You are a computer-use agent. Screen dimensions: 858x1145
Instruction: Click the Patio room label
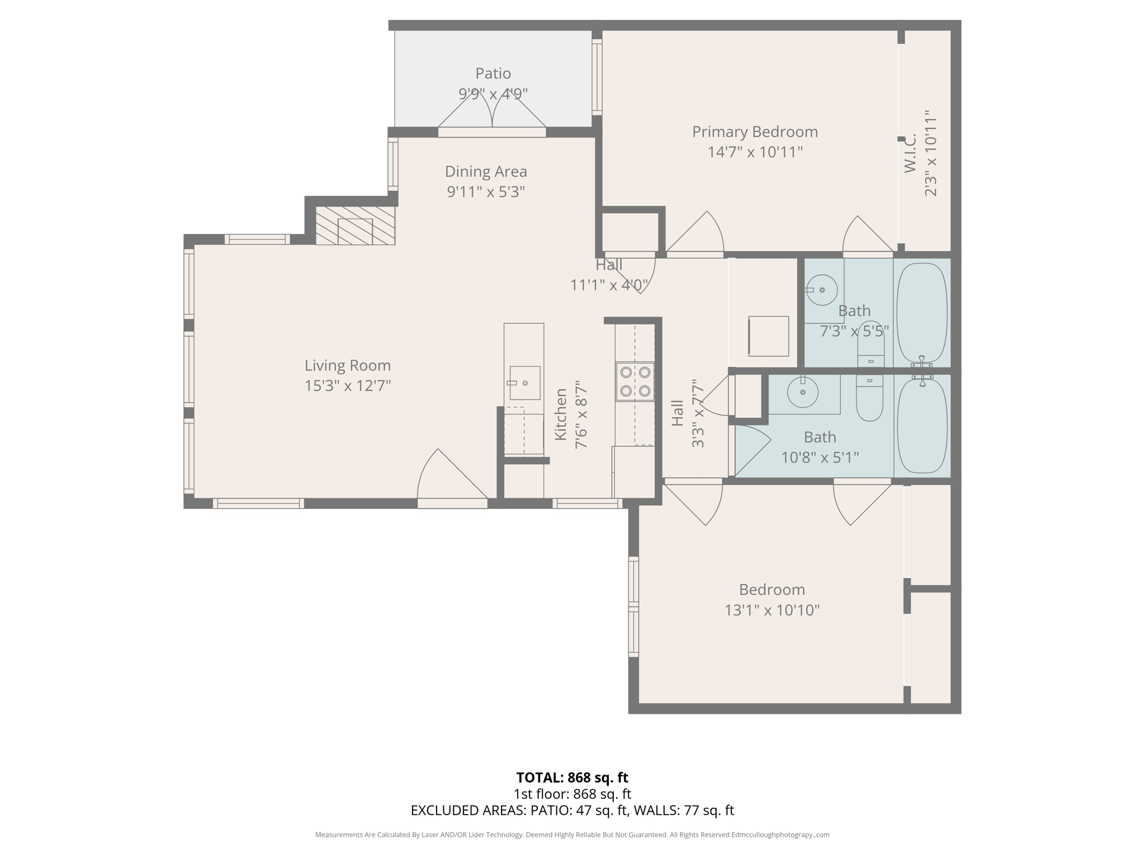click(x=493, y=74)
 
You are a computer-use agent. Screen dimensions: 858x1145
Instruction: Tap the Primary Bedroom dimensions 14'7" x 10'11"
click(x=755, y=152)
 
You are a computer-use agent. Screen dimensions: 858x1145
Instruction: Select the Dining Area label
click(x=485, y=171)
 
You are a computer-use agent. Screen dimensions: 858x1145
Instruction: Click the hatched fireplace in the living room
click(x=355, y=226)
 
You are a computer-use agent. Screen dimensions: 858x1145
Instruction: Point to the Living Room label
click(x=347, y=366)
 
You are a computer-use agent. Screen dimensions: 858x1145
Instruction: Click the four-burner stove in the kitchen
click(x=635, y=382)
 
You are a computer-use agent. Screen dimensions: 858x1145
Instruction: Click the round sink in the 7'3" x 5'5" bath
click(x=821, y=290)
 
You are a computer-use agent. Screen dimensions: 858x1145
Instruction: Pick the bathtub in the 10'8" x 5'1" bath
click(x=921, y=426)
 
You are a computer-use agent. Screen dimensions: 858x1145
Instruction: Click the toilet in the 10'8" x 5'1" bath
click(x=869, y=399)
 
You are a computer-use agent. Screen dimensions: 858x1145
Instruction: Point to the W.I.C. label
click(x=910, y=152)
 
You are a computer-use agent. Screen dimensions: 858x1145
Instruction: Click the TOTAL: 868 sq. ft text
click(x=572, y=778)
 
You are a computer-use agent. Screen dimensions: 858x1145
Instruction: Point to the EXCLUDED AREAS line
click(x=572, y=811)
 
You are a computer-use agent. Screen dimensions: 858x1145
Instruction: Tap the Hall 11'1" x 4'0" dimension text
click(x=608, y=285)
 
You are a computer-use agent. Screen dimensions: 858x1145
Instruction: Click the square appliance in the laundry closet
click(x=769, y=336)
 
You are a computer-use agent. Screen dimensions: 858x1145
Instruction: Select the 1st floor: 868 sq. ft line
click(x=572, y=794)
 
